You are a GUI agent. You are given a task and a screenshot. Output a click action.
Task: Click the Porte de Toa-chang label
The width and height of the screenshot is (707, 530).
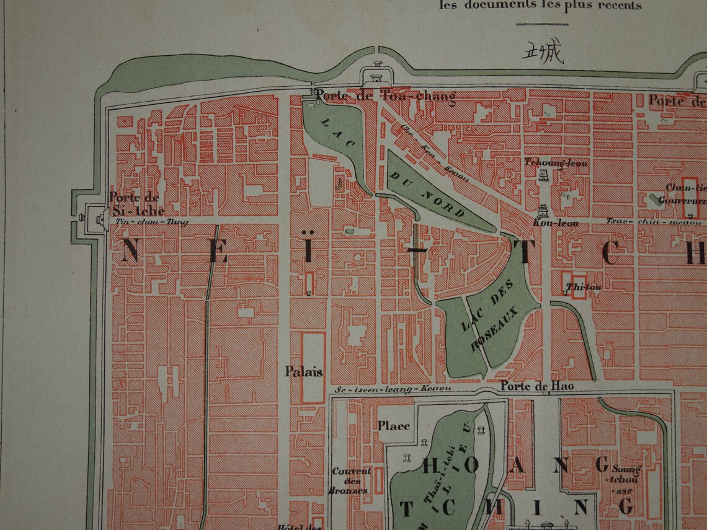[385, 96]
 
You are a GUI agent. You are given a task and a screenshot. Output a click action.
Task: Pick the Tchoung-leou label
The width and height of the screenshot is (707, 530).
[556, 162]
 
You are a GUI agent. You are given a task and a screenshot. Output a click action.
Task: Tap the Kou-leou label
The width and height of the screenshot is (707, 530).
[555, 223]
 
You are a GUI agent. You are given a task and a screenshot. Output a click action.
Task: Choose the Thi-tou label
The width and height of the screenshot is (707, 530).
[575, 287]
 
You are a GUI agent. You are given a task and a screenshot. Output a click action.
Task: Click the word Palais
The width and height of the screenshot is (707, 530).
[303, 371]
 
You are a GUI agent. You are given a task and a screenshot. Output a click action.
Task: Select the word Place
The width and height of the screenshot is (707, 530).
[394, 425]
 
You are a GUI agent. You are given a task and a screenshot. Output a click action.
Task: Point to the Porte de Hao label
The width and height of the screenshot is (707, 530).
[537, 386]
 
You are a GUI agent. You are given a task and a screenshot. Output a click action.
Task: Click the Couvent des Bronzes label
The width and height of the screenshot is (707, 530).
[351, 480]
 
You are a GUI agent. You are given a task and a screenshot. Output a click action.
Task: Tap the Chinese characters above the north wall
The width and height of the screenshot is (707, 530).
[543, 53]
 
